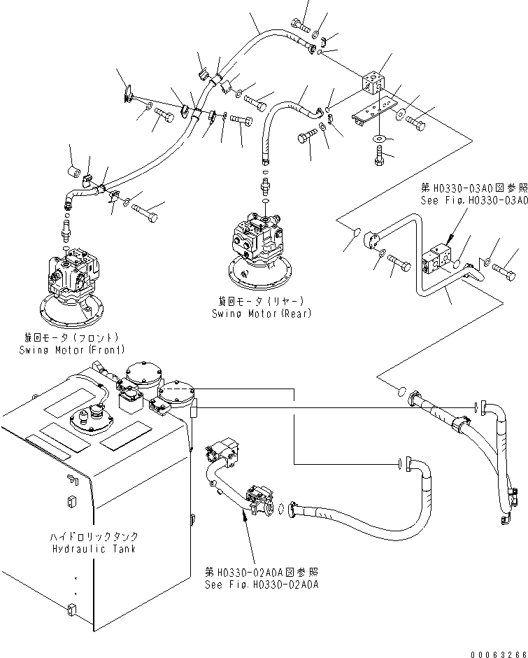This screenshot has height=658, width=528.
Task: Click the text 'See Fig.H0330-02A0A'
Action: click(x=262, y=584)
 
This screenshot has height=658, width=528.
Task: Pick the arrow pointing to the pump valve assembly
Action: click(x=245, y=518)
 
